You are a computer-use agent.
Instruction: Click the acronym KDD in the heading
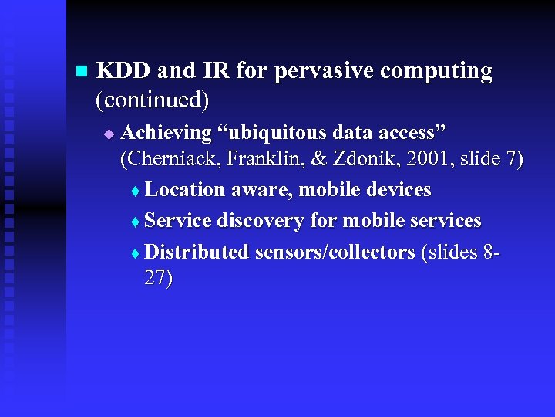[x=123, y=71]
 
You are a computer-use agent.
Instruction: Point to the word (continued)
[x=152, y=100]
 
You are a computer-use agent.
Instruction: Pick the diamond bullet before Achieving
[x=108, y=134]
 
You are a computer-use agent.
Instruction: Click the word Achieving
[x=166, y=132]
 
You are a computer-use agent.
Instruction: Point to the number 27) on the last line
[x=158, y=278]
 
